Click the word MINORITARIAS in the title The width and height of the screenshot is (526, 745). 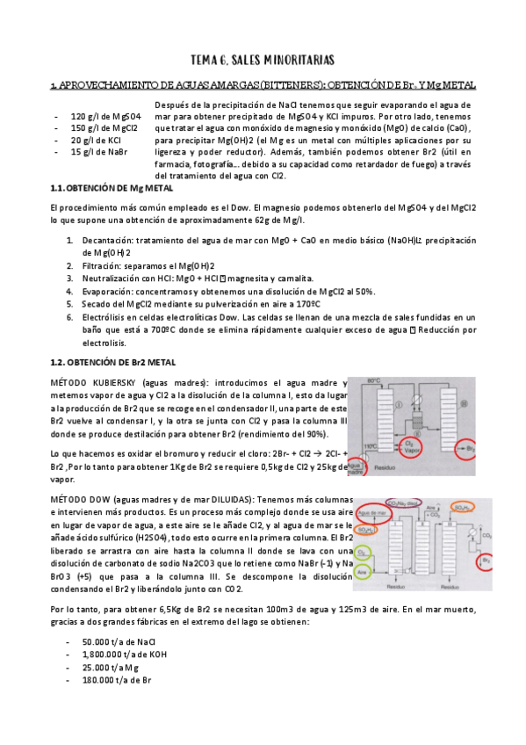[293, 60]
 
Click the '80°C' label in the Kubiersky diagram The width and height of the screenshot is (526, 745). [374, 381]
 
